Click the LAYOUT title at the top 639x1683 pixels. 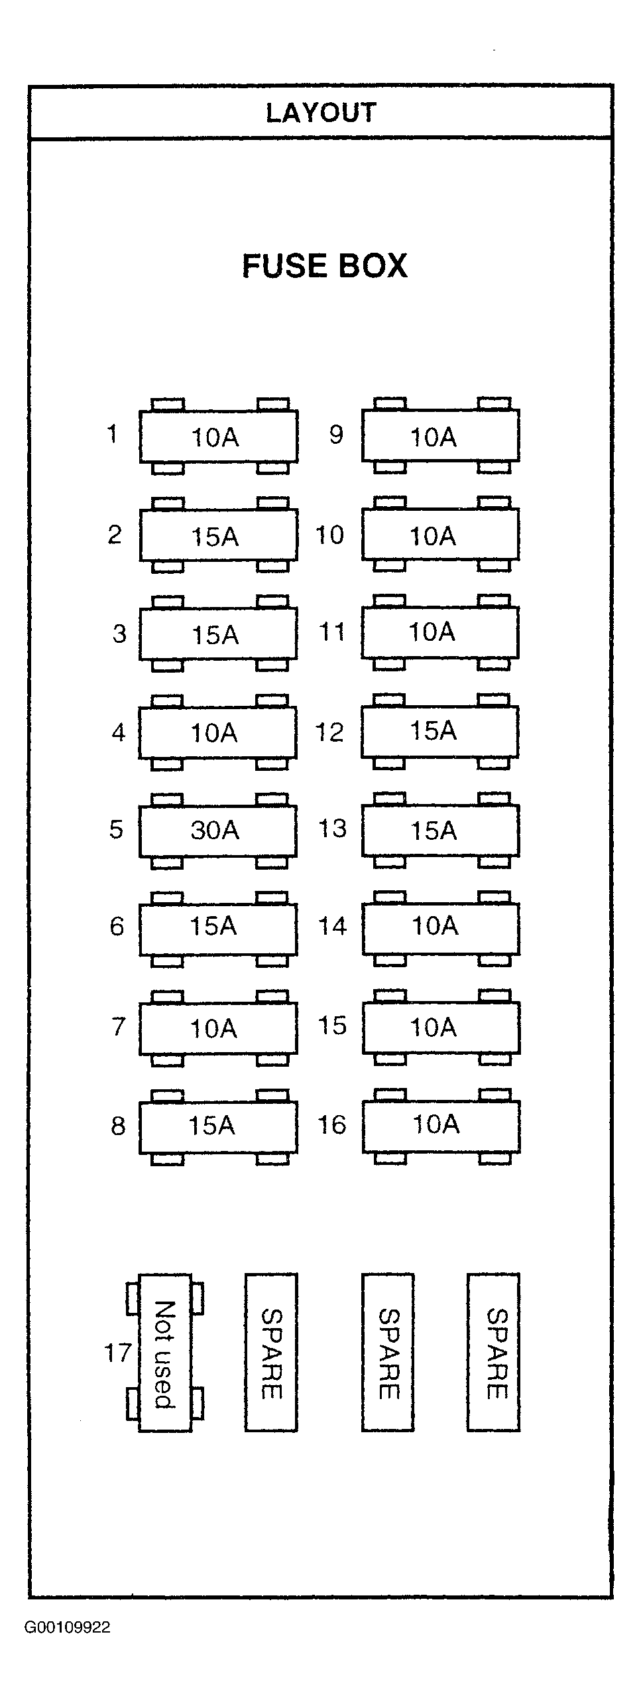pos(321,113)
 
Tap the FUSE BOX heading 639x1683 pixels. pos(324,265)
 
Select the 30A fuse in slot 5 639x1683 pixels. pos(217,831)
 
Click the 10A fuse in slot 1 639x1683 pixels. pos(218,437)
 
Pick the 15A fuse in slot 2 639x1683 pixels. pos(218,535)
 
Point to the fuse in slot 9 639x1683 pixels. pos(441,436)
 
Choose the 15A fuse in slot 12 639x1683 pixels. pos(440,732)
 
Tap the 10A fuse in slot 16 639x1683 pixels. pos(441,1126)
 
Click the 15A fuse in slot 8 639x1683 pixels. pos(218,1126)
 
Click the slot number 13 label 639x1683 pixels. pos(333,829)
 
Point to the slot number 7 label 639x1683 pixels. pos(118,1027)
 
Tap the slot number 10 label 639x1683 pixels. pos(330,535)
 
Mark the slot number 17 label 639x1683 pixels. pos(118,1353)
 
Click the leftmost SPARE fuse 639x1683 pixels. pos(271,1353)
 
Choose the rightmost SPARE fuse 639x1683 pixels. pos(494,1353)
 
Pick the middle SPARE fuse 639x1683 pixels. pos(388,1353)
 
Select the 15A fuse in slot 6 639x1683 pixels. pos(218,929)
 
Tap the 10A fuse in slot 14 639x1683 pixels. pos(441,929)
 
